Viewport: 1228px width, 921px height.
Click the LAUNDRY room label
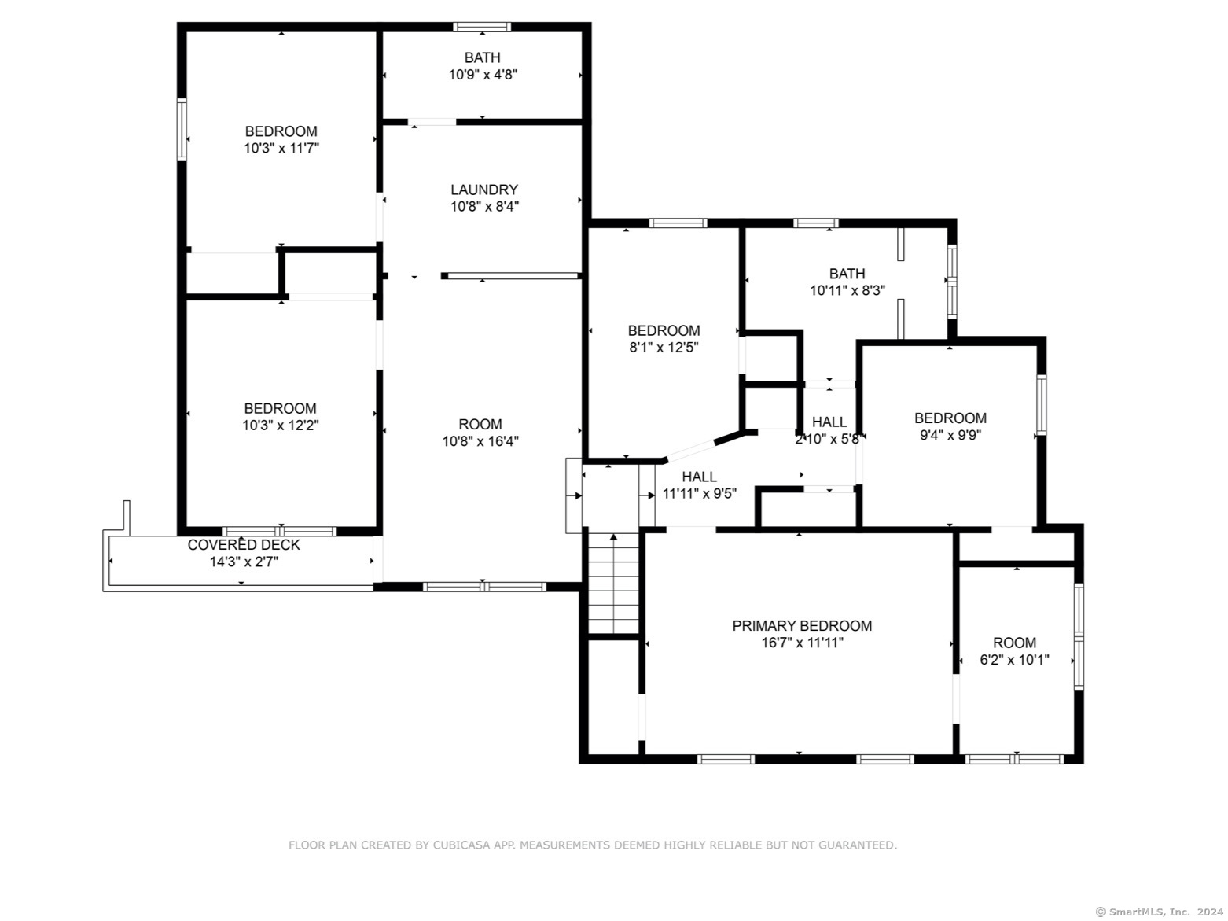coord(484,190)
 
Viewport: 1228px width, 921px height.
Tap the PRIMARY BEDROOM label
coord(802,625)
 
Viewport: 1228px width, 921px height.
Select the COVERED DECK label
coord(244,544)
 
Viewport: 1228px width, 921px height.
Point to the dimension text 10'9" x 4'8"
coord(482,75)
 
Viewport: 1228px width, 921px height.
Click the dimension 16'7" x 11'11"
coord(802,643)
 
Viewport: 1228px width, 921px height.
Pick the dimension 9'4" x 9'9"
coord(950,435)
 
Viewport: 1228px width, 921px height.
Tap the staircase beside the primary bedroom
coord(613,583)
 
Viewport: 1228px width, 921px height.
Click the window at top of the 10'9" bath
coord(482,27)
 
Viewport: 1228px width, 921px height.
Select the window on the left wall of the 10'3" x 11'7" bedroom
coord(182,130)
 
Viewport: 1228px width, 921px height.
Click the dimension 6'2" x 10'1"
coord(1013,660)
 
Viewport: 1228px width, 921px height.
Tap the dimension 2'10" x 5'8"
coord(827,439)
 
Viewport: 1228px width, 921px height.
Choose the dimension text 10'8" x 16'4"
coord(480,441)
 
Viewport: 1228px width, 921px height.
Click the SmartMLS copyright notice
coord(1159,912)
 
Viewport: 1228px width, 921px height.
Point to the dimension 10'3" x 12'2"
coord(281,426)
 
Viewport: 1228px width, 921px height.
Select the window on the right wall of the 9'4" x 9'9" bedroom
coord(1041,405)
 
